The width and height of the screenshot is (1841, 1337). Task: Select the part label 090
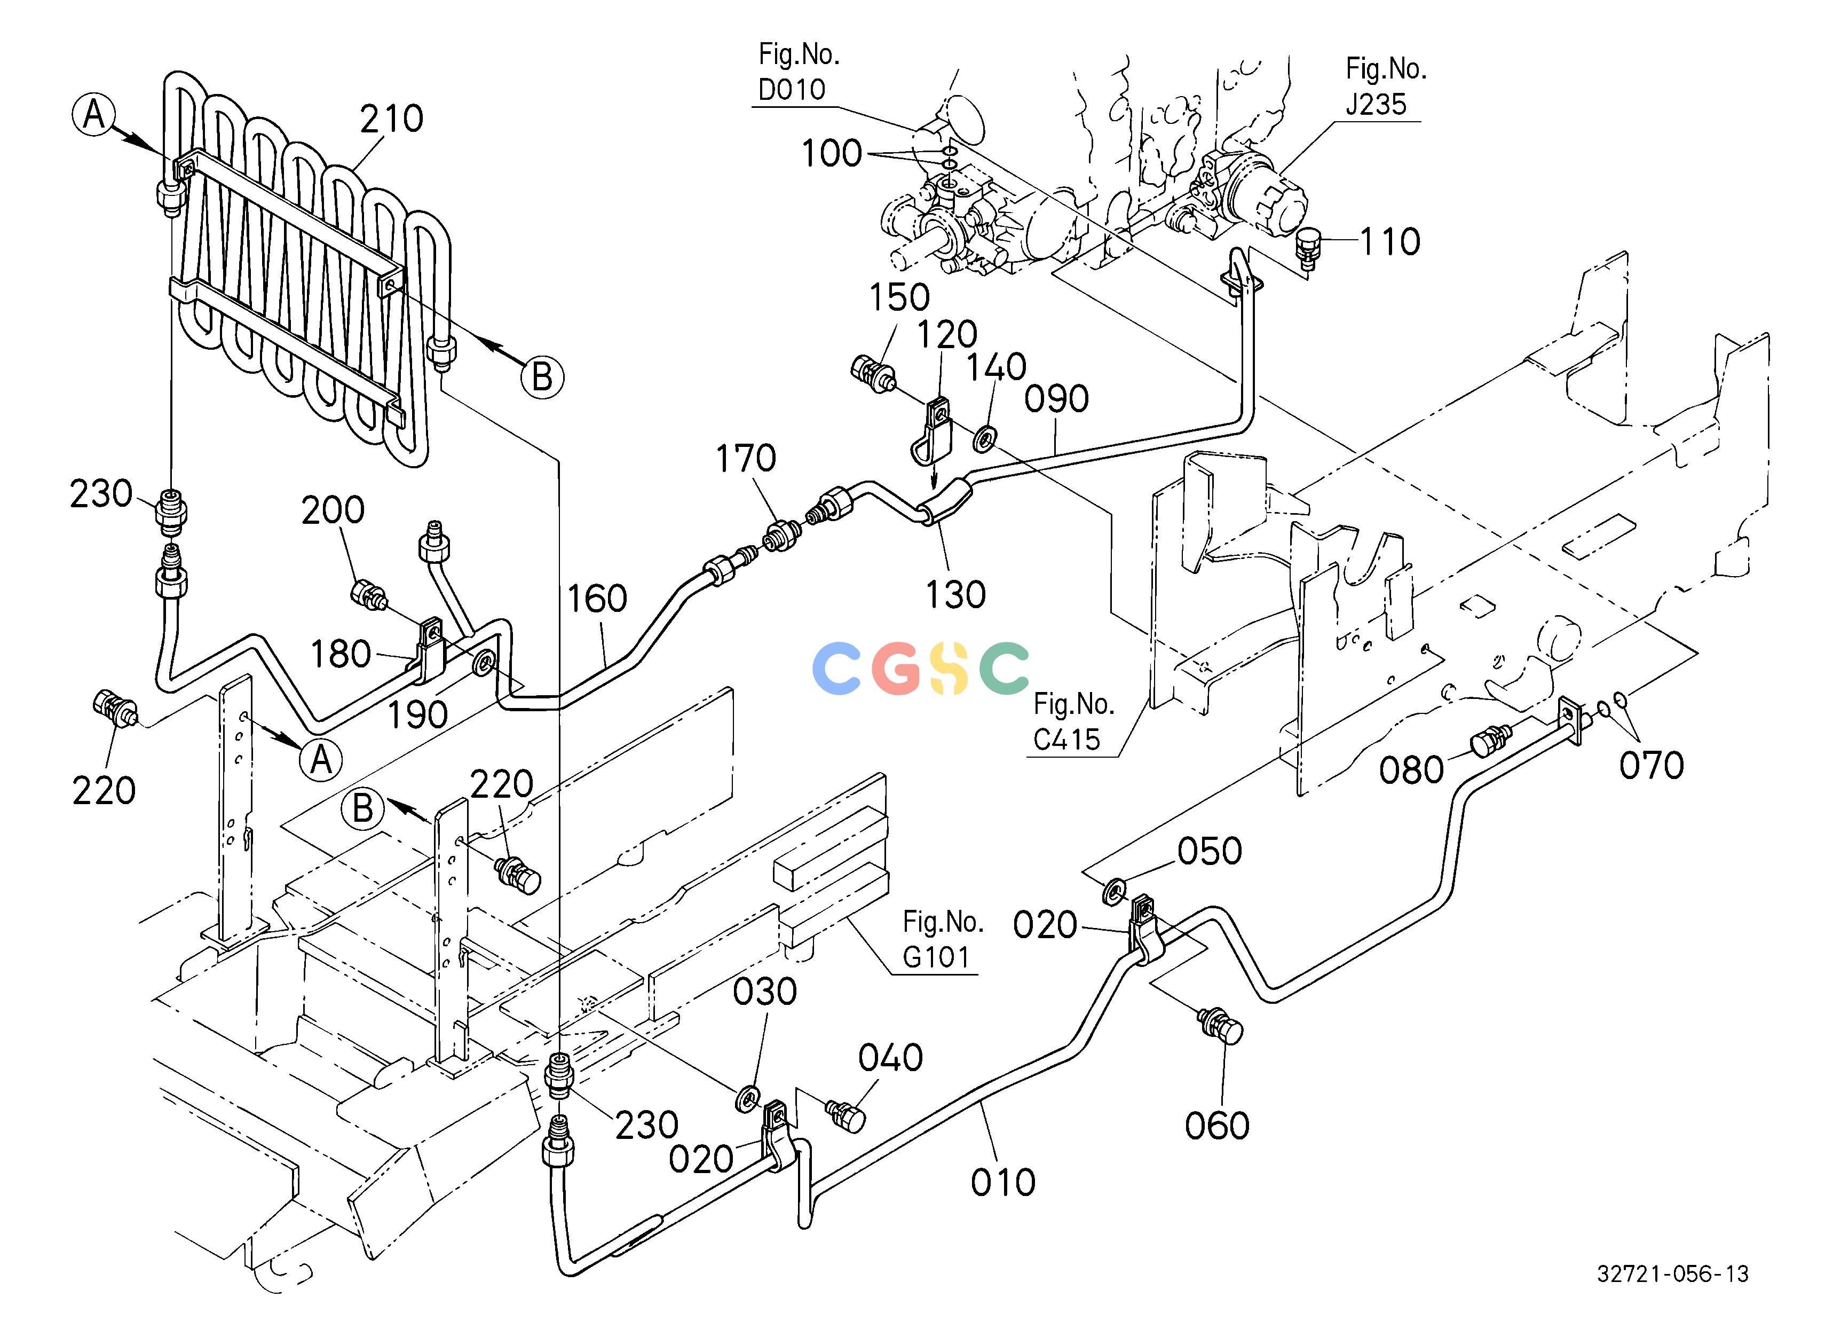(x=1056, y=398)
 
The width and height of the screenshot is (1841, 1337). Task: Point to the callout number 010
(x=1004, y=1183)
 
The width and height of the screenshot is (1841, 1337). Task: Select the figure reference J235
(x=1377, y=105)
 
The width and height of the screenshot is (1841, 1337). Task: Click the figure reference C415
(x=1066, y=740)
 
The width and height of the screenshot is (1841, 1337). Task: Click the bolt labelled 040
(x=846, y=1114)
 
